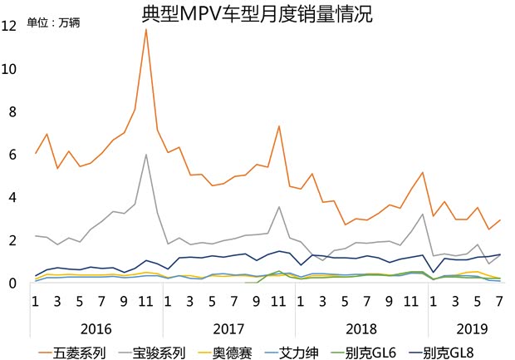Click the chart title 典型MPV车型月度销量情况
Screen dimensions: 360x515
coord(257,14)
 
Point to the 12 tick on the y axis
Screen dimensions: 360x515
coord(9,26)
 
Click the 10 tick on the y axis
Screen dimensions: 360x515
coord(9,69)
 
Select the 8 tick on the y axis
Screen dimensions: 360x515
coord(12,112)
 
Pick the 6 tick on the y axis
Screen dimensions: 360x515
coord(12,155)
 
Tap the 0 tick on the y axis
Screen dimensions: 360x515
coord(12,284)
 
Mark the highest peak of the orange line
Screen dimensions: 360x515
coord(146,29)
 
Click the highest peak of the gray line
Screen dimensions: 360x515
coord(146,155)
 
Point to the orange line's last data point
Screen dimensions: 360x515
coord(499,220)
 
